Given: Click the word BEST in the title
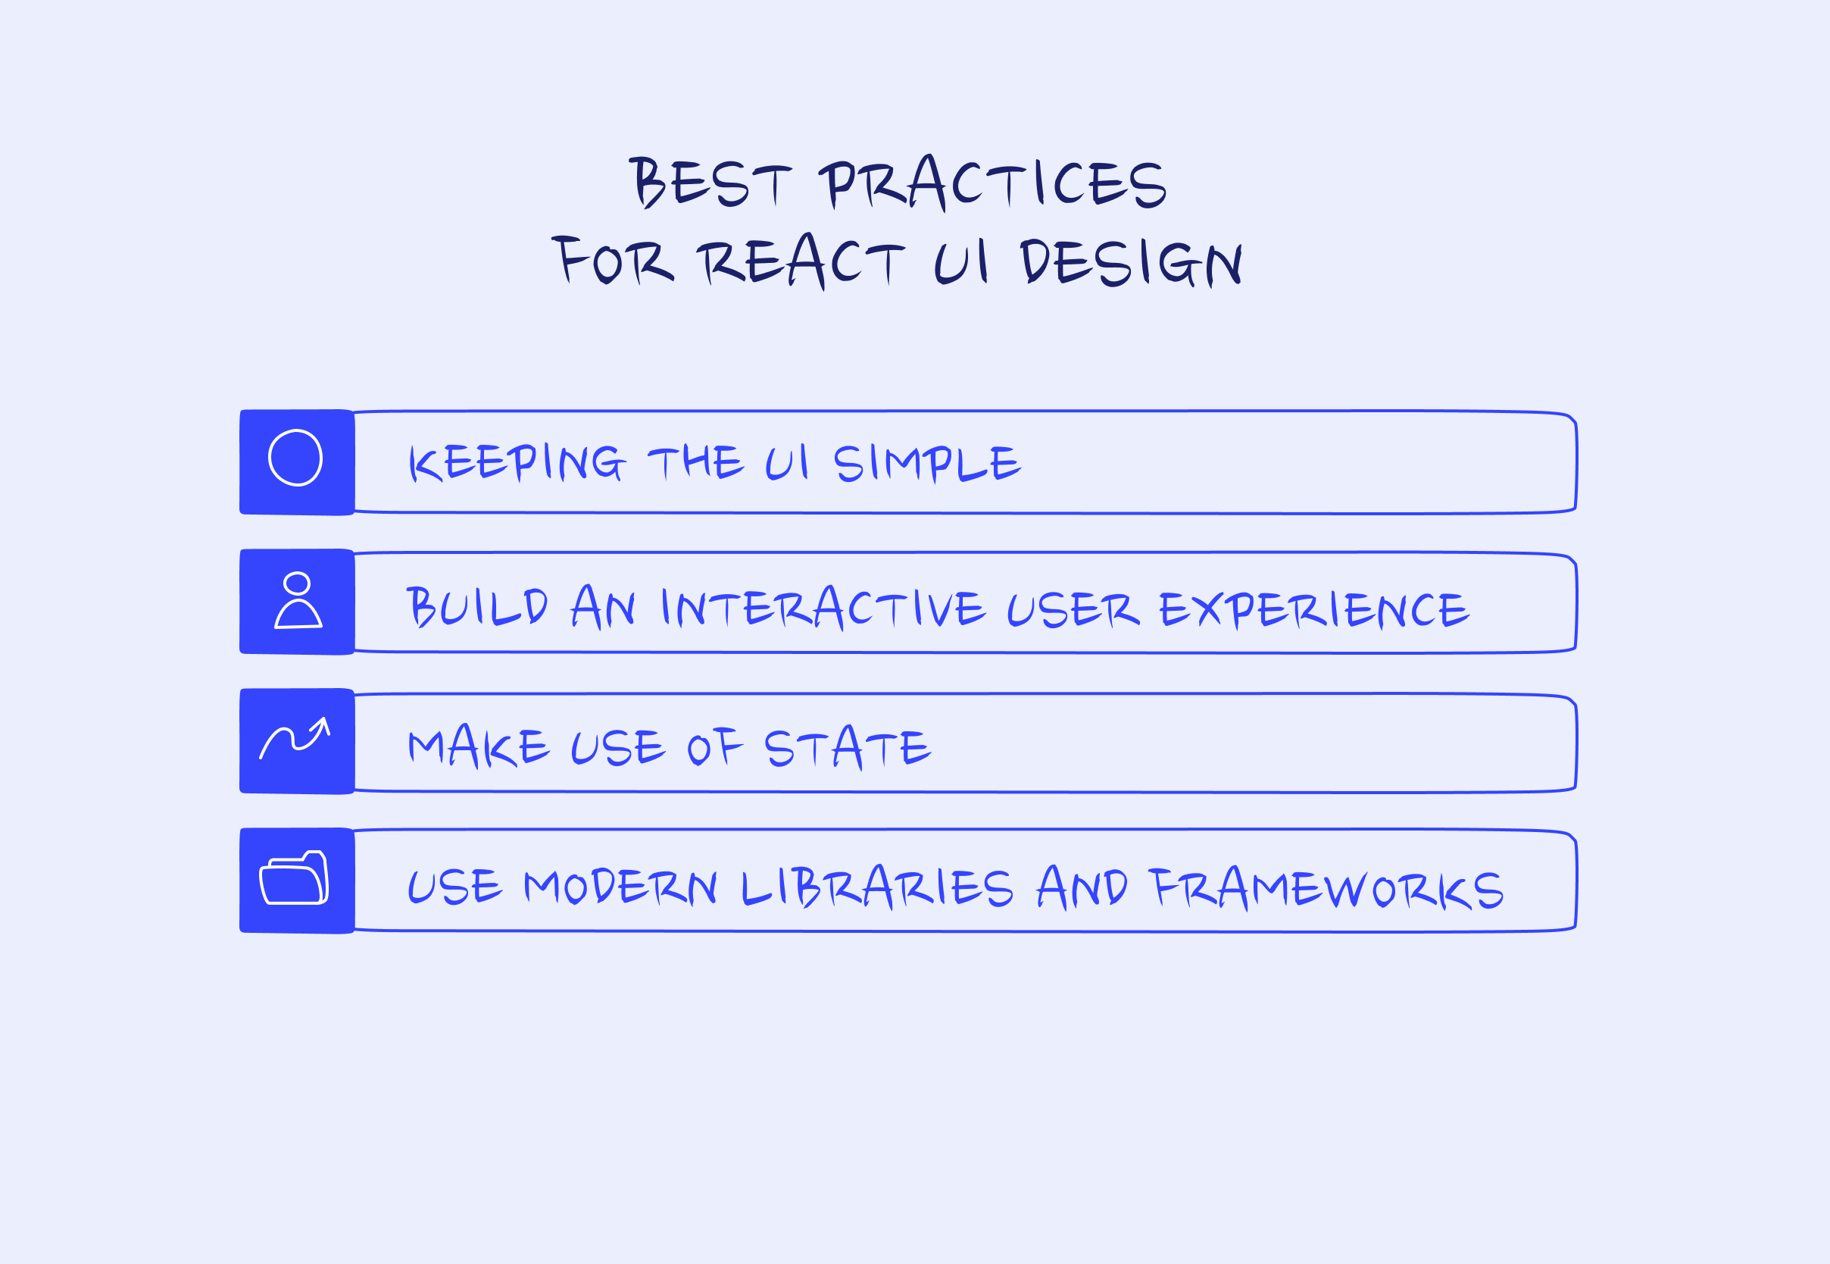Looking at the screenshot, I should pos(710,183).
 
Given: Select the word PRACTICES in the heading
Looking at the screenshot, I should pos(992,183).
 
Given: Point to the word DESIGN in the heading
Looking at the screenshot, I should pos(1131,261).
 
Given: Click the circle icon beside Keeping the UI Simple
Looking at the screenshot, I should pos(295,458).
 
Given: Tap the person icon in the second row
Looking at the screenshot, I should pos(298,600).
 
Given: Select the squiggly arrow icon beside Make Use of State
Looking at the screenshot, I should pos(295,738).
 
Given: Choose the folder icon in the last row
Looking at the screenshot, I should pos(294,878).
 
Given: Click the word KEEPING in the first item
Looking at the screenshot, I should pos(517,462).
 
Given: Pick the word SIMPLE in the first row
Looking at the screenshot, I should pos(927,462).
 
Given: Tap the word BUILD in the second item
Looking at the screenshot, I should pos(477,608).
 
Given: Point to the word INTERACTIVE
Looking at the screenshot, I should pos(823,608).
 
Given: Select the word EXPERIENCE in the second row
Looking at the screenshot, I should pos(1314,610).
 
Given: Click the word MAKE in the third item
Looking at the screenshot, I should pos(479,747).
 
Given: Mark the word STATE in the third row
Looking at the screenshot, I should pos(847,747).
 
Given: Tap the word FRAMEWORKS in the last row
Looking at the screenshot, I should pos(1326,888).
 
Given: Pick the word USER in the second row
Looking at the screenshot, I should pos(1073,610).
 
